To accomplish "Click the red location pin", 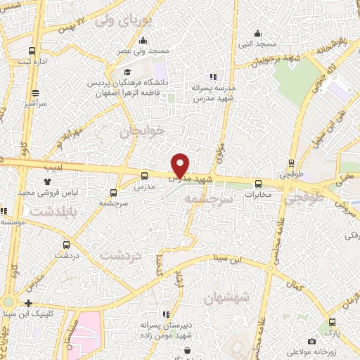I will [181, 165].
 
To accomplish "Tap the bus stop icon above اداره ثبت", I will [32, 51].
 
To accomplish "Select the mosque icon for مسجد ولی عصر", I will [144, 40].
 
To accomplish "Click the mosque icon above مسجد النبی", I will [258, 32].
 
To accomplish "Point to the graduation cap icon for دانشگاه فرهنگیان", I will [127, 72].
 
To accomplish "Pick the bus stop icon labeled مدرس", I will [144, 176].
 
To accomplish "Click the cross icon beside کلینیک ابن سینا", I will [28, 303].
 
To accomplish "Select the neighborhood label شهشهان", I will [226, 298].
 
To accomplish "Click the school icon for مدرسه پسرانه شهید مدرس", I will [212, 77].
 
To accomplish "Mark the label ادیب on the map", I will [53, 167].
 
